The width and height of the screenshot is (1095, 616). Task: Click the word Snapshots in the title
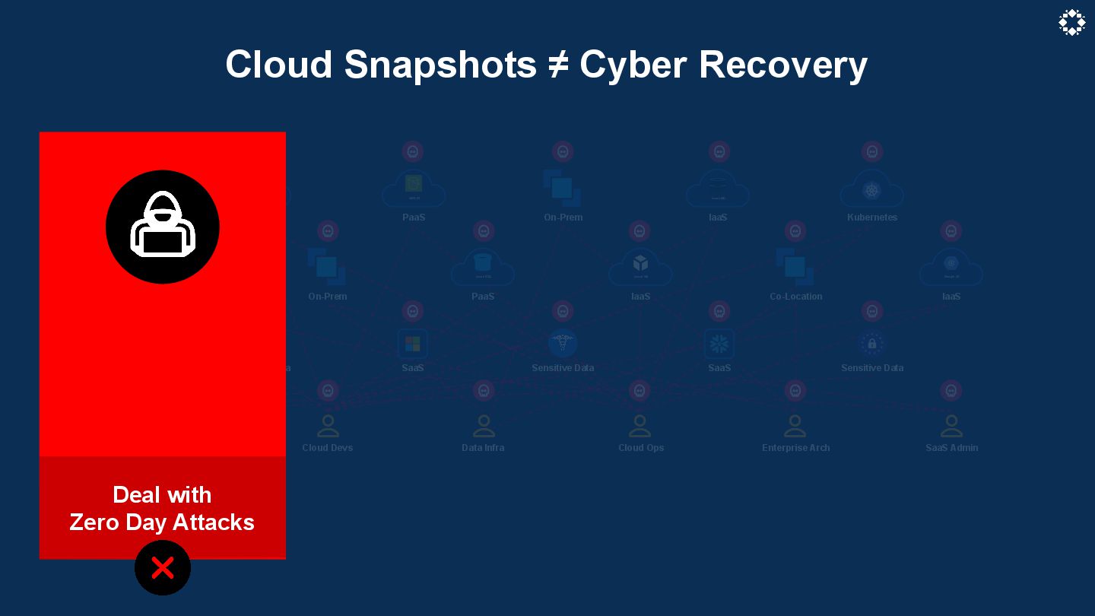point(440,65)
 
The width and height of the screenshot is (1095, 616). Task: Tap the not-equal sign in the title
point(558,65)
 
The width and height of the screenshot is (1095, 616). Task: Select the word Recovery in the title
point(782,65)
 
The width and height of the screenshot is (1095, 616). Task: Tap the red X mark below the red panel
point(163,568)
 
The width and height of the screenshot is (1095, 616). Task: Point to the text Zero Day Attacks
point(162,522)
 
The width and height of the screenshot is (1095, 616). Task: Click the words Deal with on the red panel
point(162,495)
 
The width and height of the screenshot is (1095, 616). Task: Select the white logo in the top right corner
point(1071,23)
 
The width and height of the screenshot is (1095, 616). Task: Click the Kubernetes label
point(872,218)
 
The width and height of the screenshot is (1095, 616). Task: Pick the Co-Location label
point(795,297)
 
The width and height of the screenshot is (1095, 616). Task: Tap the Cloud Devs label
point(328,448)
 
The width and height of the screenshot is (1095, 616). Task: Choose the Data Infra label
point(483,448)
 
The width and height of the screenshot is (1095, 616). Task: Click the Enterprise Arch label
point(795,448)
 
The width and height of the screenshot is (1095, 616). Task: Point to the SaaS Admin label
point(951,448)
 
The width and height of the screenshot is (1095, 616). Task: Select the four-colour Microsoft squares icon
point(412,344)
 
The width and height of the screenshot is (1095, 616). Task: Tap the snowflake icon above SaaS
point(719,344)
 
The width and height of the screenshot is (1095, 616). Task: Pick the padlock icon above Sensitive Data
point(872,344)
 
